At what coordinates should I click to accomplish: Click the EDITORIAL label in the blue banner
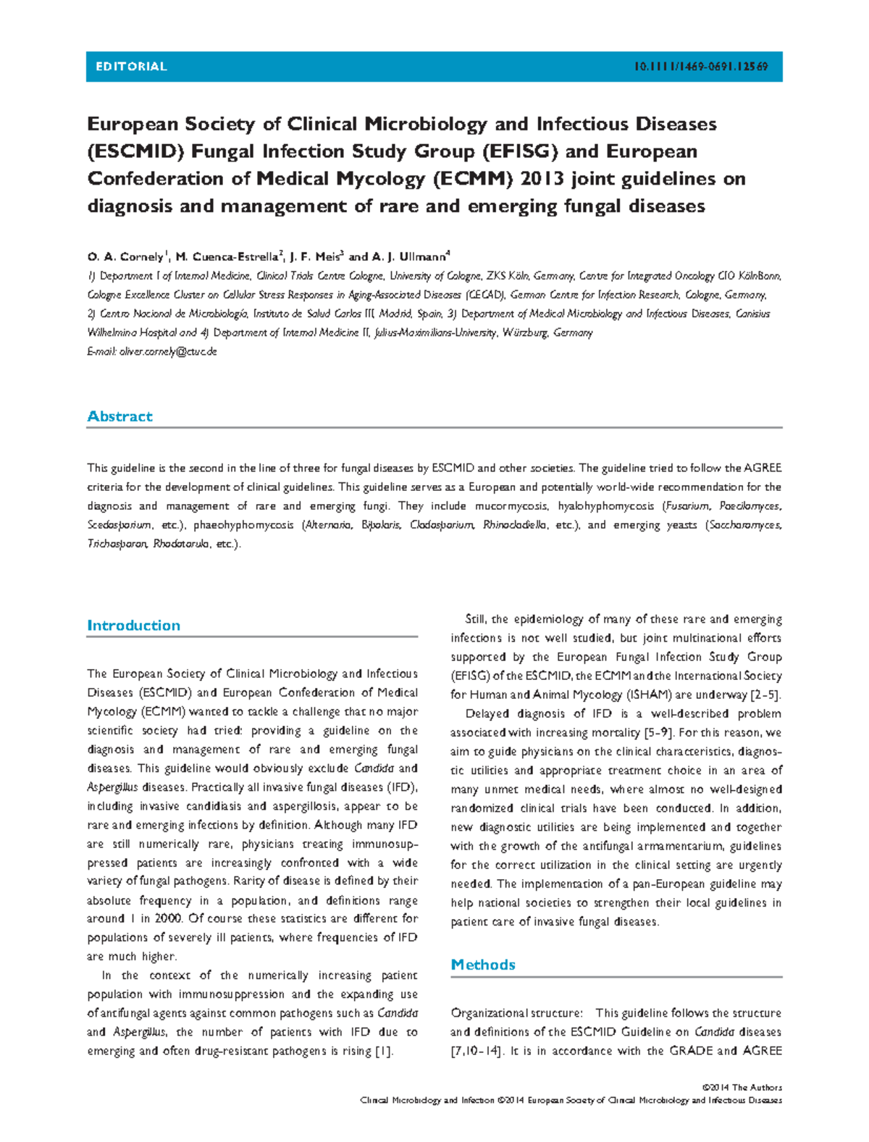pyautogui.click(x=131, y=67)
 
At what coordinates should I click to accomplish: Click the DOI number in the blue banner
pyautogui.click(x=700, y=67)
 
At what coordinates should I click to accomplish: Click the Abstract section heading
pyautogui.click(x=119, y=416)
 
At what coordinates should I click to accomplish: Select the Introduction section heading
pyautogui.click(x=133, y=626)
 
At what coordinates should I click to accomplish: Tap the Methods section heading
pyautogui.click(x=483, y=965)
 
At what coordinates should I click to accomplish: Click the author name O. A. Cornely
pyautogui.click(x=126, y=257)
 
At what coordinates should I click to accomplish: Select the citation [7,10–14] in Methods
pyautogui.click(x=476, y=1051)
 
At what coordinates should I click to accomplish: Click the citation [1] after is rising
pyautogui.click(x=384, y=1051)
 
